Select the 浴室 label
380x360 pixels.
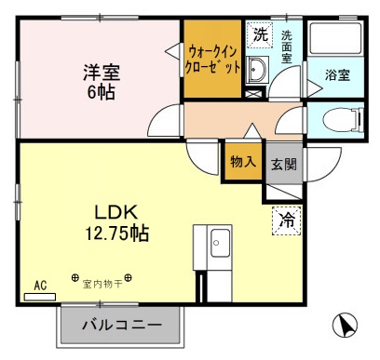[x=337, y=75]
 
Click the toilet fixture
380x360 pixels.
[x=340, y=118]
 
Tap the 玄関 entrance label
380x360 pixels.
[x=283, y=164]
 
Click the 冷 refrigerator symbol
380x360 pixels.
[x=286, y=221]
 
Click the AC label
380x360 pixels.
[x=40, y=286]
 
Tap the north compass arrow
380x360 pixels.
[x=344, y=327]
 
